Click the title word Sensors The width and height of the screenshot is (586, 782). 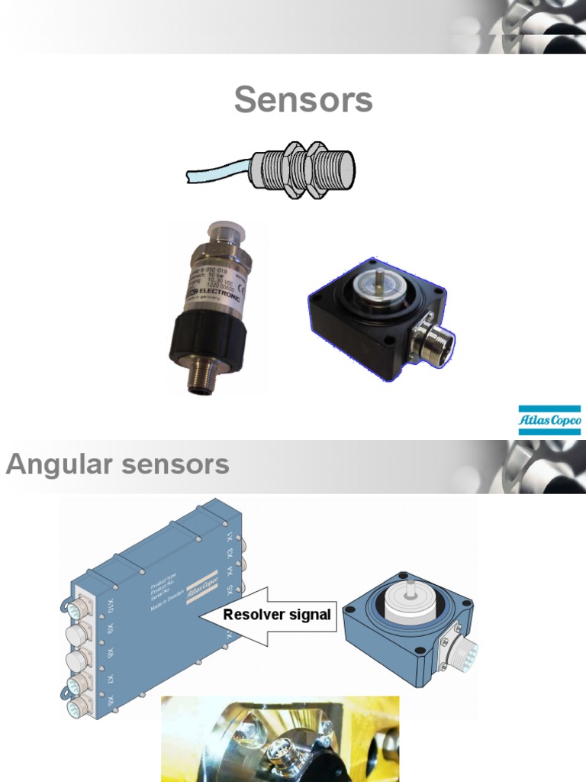[303, 100]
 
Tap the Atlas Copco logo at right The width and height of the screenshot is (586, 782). [549, 419]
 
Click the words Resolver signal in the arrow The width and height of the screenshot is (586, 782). [277, 615]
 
